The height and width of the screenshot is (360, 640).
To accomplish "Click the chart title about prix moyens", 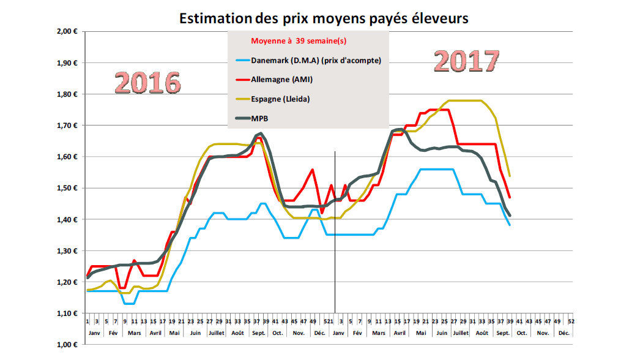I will click(324, 18).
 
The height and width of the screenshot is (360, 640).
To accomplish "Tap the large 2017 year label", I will click(467, 61).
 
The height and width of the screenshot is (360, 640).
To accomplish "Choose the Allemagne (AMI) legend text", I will click(283, 79).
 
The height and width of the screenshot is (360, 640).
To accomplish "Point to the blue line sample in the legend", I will click(242, 60).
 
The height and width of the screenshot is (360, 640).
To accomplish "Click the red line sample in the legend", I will click(242, 79).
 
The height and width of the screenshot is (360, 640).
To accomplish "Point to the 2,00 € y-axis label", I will click(64, 31).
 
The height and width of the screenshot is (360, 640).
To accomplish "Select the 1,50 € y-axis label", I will click(64, 188).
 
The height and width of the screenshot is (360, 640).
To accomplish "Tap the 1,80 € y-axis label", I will click(64, 94).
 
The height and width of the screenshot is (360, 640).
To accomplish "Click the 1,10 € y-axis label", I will click(64, 313).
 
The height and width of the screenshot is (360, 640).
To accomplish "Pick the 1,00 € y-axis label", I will click(64, 345).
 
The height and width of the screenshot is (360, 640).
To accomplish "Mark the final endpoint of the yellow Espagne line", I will click(510, 176).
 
